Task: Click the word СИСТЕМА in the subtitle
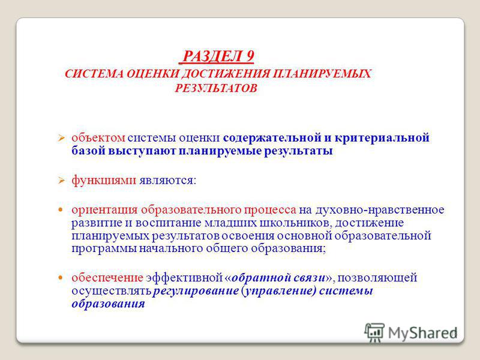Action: pos(94,74)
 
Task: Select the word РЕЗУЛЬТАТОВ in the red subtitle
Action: pos(216,88)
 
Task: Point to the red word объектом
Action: pos(98,138)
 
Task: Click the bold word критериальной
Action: pos(382,138)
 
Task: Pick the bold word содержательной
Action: pos(272,138)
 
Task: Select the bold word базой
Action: pos(88,151)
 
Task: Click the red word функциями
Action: pos(104,180)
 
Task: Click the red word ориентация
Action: pos(104,210)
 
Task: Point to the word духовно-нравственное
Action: pos(380,209)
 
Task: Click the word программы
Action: pos(104,248)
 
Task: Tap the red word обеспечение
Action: pos(107,278)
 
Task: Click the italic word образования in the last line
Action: pos(108,304)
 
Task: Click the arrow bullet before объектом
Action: pos(61,139)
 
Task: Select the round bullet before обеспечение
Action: pos(61,278)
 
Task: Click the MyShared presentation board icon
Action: pos(374,332)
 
